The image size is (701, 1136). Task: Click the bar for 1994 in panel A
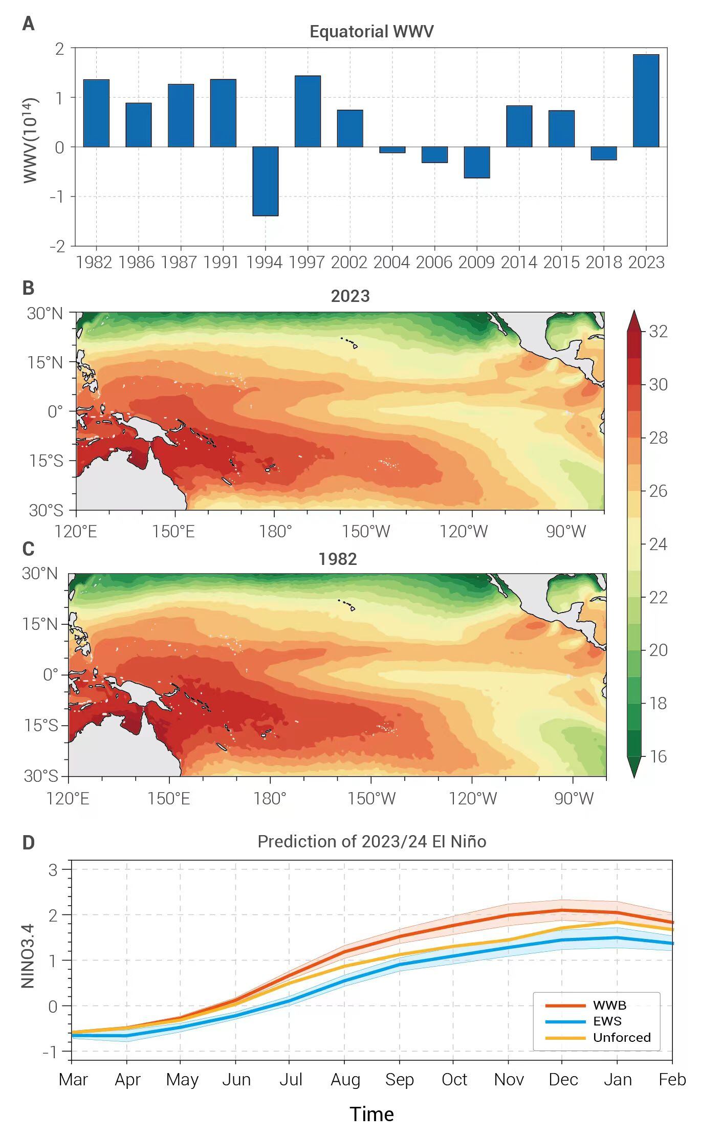click(265, 181)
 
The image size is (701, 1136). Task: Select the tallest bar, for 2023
click(646, 101)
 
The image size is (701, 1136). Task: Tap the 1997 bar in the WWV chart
click(308, 112)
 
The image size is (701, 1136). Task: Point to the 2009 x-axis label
click(476, 263)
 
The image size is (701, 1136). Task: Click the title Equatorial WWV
click(371, 32)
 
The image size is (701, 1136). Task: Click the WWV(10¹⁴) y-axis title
click(30, 140)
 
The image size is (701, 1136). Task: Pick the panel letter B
click(28, 288)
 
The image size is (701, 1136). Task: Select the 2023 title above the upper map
click(350, 296)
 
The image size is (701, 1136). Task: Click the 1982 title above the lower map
click(338, 559)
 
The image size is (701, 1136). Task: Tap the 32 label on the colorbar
click(658, 332)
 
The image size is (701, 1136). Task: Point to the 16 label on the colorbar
click(658, 756)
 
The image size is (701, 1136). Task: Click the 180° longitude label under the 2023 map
click(275, 532)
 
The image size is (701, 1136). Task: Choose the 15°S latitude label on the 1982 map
click(41, 725)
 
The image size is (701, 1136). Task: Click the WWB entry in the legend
click(609, 1006)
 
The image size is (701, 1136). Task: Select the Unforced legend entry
click(622, 1037)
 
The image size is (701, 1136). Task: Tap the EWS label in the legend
click(607, 1021)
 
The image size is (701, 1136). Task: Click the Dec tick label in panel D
click(563, 1080)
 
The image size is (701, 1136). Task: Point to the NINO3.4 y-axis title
click(28, 956)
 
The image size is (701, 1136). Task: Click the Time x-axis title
click(371, 1114)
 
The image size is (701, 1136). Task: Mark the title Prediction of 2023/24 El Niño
click(371, 842)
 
